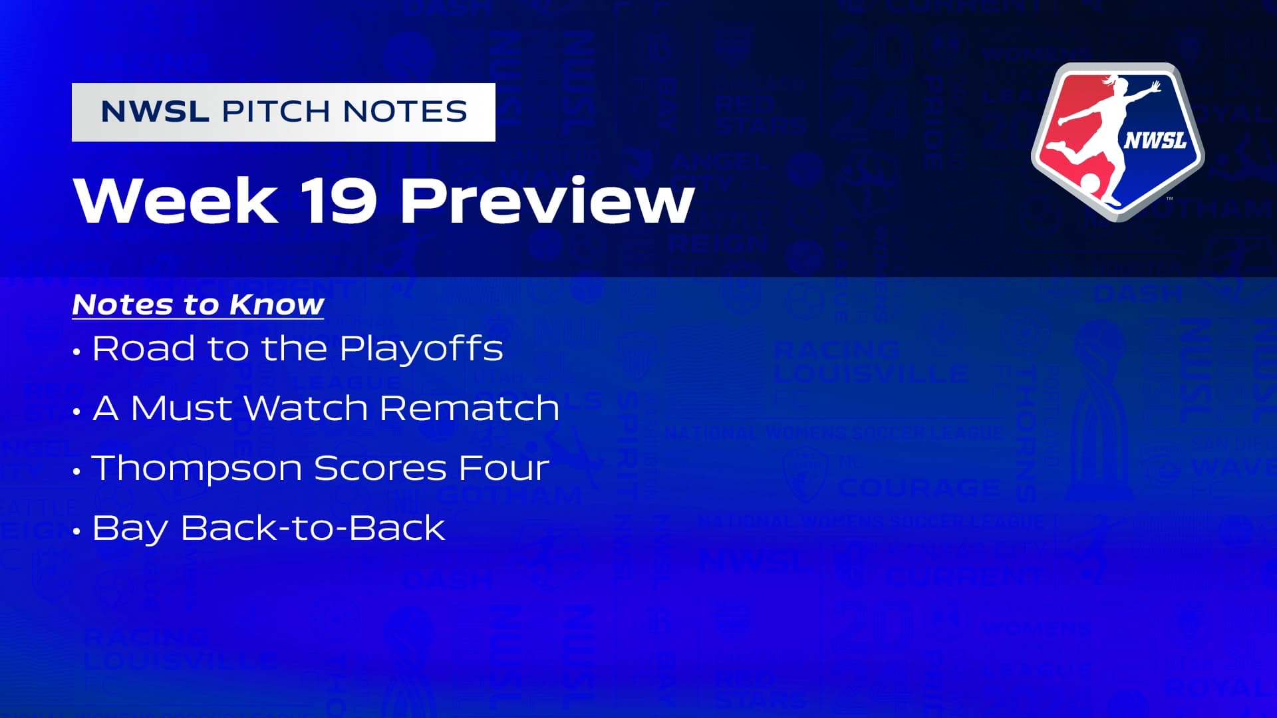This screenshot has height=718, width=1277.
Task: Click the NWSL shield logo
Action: click(x=1117, y=142)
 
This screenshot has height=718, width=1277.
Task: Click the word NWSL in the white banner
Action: click(x=155, y=112)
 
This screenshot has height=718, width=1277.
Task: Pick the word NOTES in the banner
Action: click(x=406, y=112)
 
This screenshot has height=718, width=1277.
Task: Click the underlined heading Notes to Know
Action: click(x=198, y=304)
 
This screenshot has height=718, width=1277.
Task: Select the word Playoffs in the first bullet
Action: click(x=421, y=348)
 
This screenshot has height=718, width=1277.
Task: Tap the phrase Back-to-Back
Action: click(x=313, y=528)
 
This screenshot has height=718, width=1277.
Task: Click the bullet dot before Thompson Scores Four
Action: click(x=77, y=471)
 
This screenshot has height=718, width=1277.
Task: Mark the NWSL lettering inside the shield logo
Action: click(x=1155, y=140)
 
